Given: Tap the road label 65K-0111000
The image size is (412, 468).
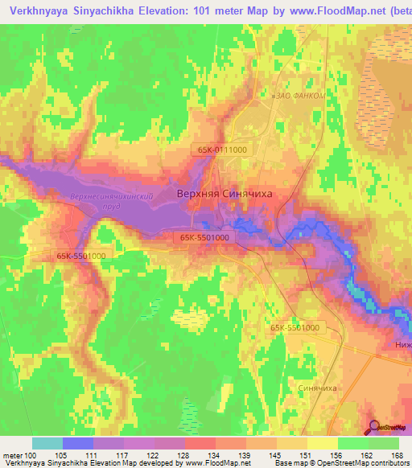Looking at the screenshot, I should pyautogui.click(x=221, y=149).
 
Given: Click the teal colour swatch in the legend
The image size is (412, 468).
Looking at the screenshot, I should pyautogui.click(x=47, y=443).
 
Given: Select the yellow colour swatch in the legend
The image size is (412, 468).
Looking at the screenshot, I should pyautogui.click(x=322, y=443).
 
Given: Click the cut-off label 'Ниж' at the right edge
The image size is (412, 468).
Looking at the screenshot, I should pyautogui.click(x=403, y=344).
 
